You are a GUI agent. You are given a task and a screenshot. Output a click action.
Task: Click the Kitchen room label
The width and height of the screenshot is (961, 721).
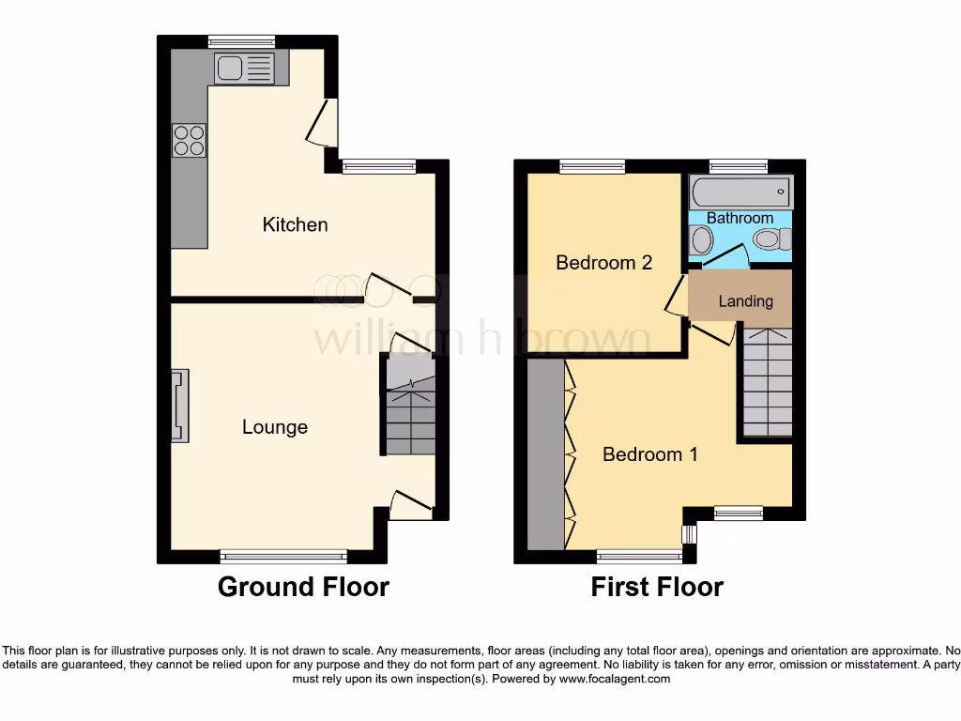[x=295, y=224]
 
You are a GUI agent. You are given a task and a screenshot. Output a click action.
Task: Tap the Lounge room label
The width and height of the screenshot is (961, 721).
[x=274, y=427]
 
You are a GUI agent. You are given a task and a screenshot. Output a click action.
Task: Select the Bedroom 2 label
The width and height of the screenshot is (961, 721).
[x=603, y=263]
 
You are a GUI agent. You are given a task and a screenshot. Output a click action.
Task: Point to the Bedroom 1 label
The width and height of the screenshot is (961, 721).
[x=649, y=454]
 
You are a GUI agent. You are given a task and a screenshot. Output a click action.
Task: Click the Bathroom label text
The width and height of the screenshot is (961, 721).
[x=740, y=218]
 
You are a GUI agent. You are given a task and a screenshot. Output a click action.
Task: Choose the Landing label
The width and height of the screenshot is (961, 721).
[x=745, y=301]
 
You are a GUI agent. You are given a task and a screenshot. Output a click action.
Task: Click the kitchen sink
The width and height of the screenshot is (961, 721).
[x=244, y=68]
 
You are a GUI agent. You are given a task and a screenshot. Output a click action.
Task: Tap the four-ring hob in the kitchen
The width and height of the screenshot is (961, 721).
[x=188, y=140]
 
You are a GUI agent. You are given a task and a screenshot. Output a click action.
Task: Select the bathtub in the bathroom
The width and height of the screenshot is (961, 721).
[x=740, y=192]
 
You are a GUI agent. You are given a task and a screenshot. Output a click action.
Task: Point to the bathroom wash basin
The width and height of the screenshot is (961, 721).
[x=700, y=241]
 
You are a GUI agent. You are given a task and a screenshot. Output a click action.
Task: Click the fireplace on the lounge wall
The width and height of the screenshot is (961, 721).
[x=179, y=406]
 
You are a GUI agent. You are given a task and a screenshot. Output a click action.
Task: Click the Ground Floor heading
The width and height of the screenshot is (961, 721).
[x=303, y=588]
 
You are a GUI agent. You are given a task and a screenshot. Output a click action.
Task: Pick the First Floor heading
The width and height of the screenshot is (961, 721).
[x=657, y=588]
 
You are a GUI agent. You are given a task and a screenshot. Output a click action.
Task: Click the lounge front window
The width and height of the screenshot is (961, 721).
[x=283, y=556]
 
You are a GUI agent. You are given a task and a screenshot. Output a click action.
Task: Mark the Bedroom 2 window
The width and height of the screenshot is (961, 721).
[x=592, y=166]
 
